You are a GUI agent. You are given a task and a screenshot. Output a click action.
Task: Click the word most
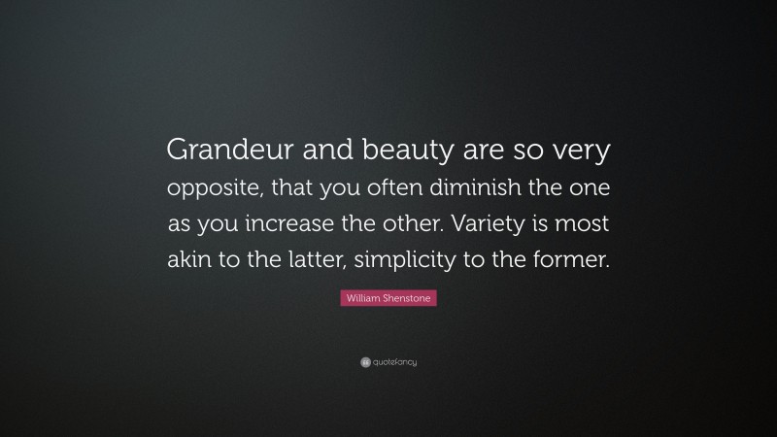(587, 223)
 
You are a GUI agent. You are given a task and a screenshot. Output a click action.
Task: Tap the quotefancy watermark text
(393, 363)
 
